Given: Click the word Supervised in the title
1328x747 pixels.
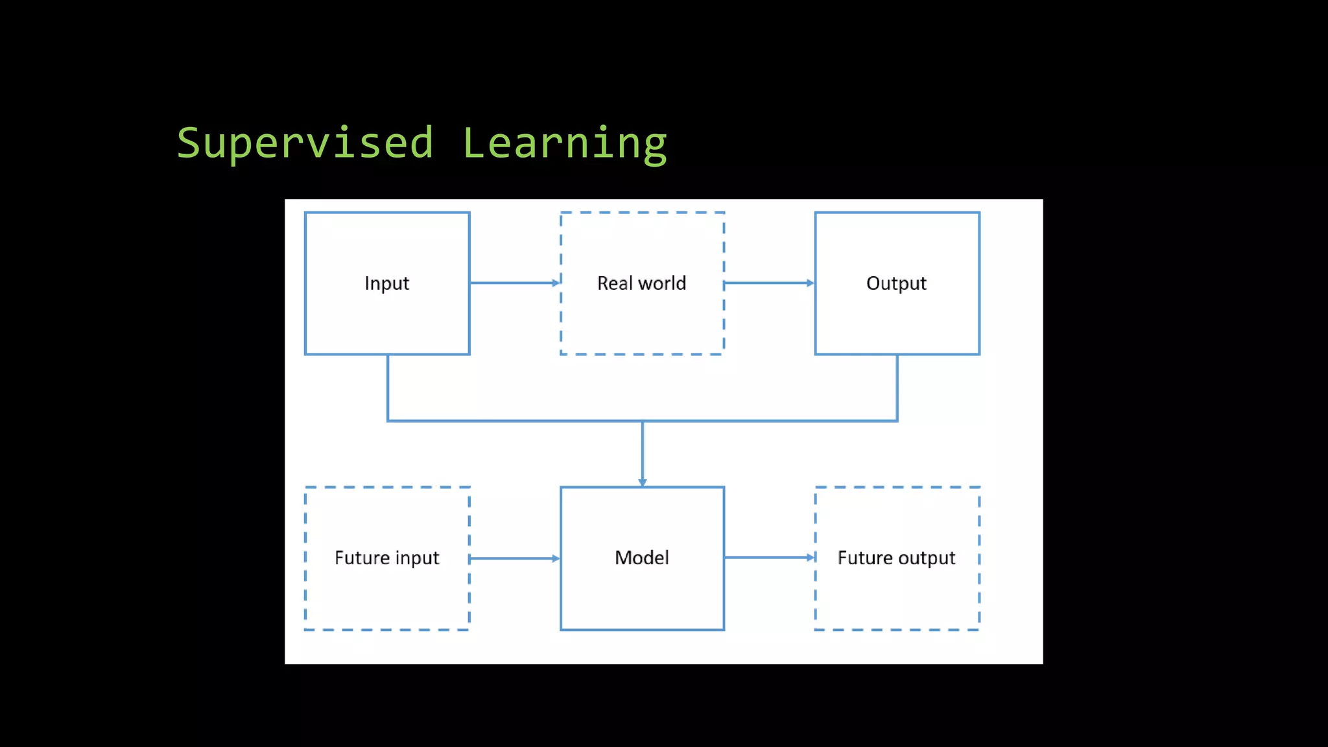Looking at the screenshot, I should pyautogui.click(x=305, y=143).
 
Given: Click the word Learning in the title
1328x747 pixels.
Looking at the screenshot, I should pyautogui.click(x=564, y=143).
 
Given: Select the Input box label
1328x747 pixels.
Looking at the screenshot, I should pyautogui.click(x=386, y=283).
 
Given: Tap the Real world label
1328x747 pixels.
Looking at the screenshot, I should pyautogui.click(x=641, y=283).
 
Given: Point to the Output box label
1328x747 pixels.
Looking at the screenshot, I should pyautogui.click(x=896, y=283).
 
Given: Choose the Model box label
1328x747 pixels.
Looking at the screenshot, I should pyautogui.click(x=641, y=558).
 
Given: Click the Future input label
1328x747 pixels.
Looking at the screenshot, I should pyautogui.click(x=386, y=558).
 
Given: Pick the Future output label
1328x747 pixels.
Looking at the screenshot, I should pyautogui.click(x=896, y=558).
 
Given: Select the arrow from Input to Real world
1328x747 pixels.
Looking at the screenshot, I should pyautogui.click(x=514, y=283).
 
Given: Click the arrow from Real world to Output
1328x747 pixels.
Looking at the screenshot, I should pyautogui.click(x=768, y=283).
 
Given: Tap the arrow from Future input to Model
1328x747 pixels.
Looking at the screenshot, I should pyautogui.click(x=514, y=558).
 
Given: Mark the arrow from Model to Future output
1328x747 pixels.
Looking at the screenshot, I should pyautogui.click(x=768, y=557).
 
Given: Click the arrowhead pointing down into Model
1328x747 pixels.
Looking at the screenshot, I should pyautogui.click(x=643, y=482).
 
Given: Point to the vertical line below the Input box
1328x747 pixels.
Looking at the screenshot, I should pyautogui.click(x=388, y=388).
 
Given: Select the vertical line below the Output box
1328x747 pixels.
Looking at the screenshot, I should pyautogui.click(x=897, y=388).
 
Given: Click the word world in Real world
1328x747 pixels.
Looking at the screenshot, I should pyautogui.click(x=662, y=283).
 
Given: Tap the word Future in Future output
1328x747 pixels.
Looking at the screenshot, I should pyautogui.click(x=865, y=558).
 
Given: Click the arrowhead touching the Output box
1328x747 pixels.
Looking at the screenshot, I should pyautogui.click(x=811, y=283).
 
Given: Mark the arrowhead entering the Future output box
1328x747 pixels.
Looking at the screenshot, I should pyautogui.click(x=811, y=557).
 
